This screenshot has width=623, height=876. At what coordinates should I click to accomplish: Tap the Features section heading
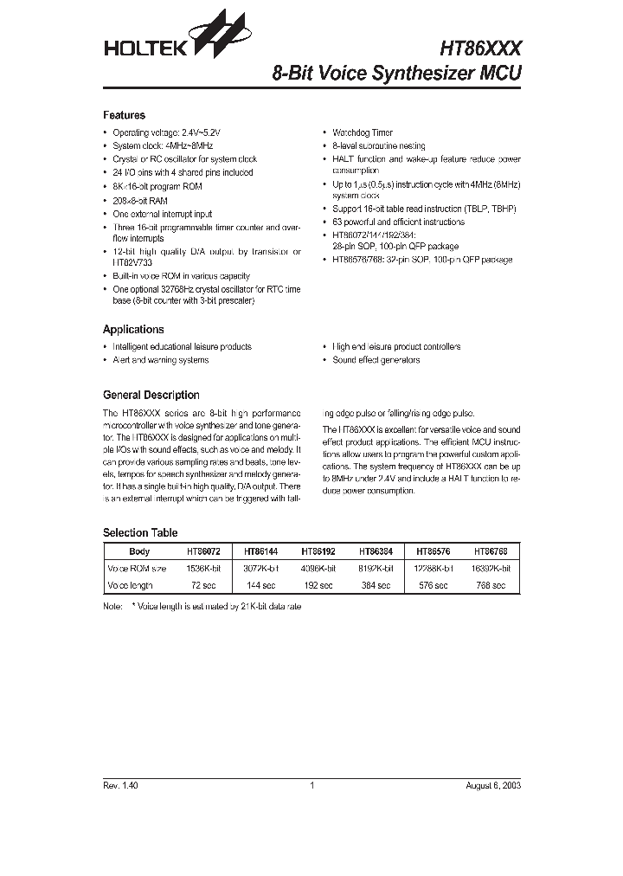[124, 115]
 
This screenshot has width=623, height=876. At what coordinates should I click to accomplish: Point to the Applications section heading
[133, 330]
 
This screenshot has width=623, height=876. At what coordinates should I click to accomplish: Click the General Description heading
[151, 395]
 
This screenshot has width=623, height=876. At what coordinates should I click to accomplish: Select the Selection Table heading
[139, 533]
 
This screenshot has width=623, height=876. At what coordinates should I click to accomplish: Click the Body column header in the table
[139, 551]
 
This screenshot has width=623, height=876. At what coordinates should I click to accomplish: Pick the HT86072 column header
[204, 551]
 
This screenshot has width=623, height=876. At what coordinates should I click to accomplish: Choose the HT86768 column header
[491, 551]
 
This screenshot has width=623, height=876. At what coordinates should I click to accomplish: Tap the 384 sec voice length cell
[376, 586]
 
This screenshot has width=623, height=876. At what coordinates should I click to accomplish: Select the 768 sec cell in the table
[491, 586]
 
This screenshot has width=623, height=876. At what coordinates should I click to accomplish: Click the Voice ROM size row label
[137, 569]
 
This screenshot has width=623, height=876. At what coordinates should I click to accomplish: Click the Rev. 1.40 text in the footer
[120, 786]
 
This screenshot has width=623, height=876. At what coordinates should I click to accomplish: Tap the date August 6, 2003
[491, 786]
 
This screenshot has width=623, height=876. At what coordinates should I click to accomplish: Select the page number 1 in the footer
[311, 786]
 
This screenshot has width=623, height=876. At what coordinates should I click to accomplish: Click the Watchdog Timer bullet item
[363, 133]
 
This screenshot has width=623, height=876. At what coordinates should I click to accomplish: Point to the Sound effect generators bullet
[376, 360]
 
